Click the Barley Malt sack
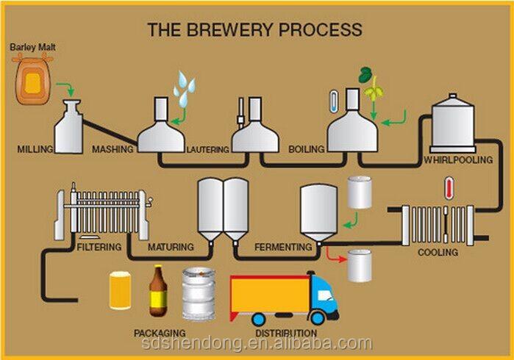coord(33,79)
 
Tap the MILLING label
coord(35,149)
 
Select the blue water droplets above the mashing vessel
coord(185,88)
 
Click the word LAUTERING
coord(208,150)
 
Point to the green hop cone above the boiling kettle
coord(374,89)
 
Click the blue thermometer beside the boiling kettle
coord(334,101)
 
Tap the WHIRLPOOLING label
coord(458,160)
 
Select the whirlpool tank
coord(453,123)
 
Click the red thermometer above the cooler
coord(449,188)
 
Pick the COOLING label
coord(438,252)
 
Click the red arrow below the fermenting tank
coord(335,256)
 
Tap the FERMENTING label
coord(283,247)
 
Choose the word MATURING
coord(171,247)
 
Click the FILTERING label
coord(99,247)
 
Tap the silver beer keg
coord(199,294)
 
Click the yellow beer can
coord(121,290)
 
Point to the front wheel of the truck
coord(317,317)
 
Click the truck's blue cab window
coord(325,295)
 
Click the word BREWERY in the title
coord(229,29)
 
